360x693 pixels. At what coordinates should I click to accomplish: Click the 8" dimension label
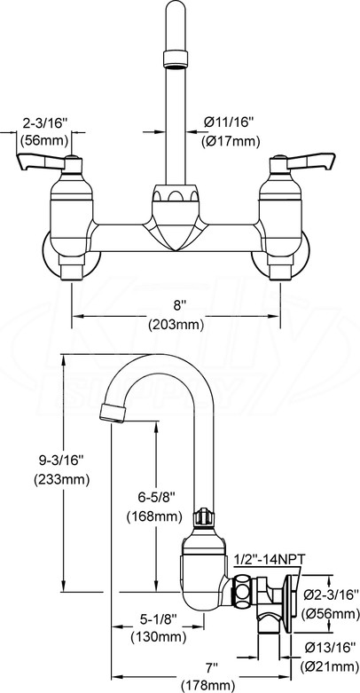(176, 306)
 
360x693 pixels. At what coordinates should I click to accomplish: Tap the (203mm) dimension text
(176, 325)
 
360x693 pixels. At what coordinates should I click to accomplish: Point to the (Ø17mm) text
(231, 142)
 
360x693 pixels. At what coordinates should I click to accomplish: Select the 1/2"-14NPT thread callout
(270, 559)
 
